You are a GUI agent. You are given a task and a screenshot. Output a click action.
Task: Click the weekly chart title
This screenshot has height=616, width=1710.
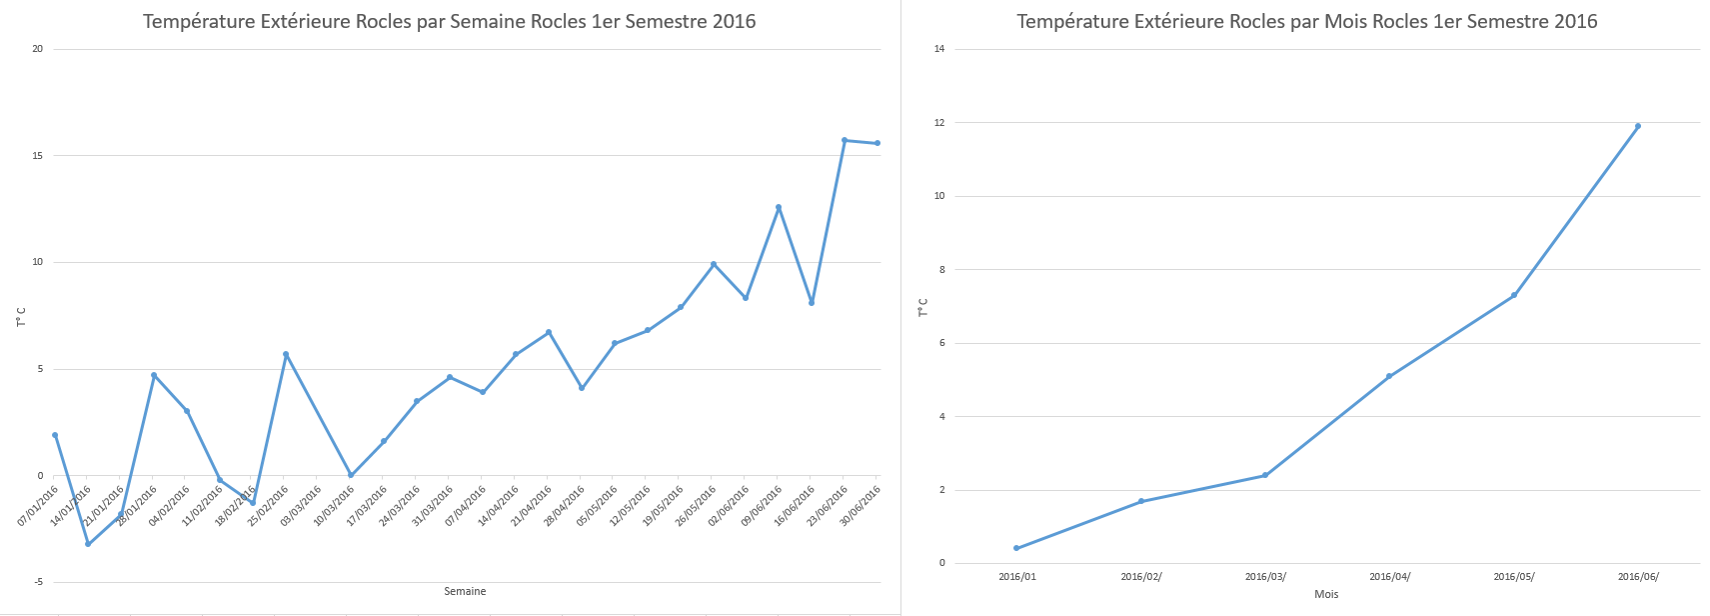point(449,21)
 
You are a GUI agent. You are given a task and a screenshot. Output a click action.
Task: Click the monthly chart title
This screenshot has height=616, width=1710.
point(1306,21)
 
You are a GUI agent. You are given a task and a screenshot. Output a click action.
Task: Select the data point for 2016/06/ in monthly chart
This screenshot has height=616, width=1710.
point(1637,126)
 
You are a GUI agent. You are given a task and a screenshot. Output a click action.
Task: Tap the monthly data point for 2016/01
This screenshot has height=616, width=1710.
point(1016,548)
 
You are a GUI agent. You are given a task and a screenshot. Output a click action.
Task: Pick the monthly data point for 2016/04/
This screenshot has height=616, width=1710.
point(1389,376)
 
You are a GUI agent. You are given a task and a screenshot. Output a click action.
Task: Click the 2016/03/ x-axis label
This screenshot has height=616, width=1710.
point(1265,577)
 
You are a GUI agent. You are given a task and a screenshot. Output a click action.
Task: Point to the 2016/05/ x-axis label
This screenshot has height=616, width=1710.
point(1514,577)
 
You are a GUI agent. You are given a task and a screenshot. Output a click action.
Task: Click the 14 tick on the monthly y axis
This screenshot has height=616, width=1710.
point(939,49)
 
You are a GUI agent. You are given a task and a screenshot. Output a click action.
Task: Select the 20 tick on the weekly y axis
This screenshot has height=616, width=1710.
point(38,49)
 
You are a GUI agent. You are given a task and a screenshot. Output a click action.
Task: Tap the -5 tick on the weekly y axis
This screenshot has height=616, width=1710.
point(38,583)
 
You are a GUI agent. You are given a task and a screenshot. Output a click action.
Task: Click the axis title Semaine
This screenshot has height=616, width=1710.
point(465,592)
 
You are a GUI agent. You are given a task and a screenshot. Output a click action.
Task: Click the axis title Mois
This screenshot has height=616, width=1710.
point(1326,594)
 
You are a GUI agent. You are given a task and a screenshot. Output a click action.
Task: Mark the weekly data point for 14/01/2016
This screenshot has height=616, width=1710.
point(88,544)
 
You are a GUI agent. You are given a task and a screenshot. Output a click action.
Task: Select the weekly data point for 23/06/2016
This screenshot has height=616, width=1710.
point(845,140)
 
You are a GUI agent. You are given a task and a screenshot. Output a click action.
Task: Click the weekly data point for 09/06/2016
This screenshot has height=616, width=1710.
point(779,207)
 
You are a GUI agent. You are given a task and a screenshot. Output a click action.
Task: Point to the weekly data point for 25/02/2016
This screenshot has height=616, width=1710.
point(286,354)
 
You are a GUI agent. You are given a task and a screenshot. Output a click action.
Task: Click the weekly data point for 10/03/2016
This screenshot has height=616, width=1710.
point(351,475)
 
